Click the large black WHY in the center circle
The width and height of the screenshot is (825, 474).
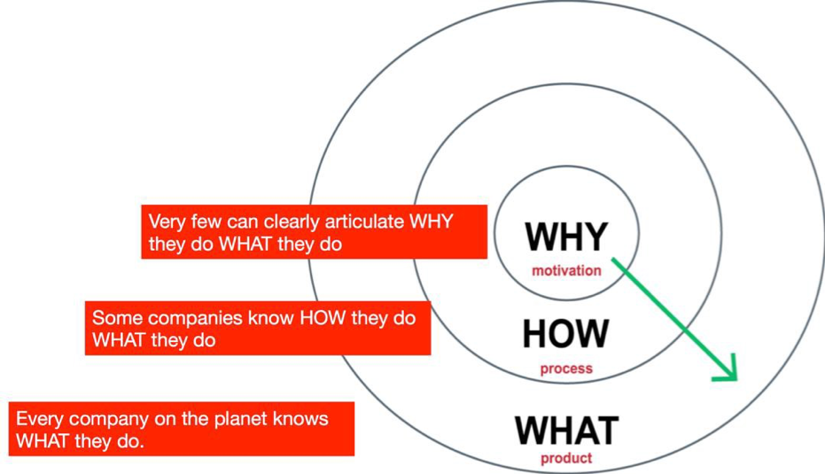566,237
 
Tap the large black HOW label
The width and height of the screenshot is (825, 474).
565,333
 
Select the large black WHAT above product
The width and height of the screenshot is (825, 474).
566,431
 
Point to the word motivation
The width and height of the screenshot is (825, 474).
566,270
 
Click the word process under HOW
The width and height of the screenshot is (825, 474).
566,369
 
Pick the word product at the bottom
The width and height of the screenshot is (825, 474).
566,458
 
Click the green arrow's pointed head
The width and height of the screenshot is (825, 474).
735,378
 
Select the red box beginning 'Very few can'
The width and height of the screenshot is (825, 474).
314,232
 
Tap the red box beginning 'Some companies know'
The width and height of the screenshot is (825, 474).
258,329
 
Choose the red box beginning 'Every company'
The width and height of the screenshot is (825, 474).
182,429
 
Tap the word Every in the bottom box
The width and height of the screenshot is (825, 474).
40,419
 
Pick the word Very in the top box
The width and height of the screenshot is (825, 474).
167,222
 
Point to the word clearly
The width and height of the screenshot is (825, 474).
292,222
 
